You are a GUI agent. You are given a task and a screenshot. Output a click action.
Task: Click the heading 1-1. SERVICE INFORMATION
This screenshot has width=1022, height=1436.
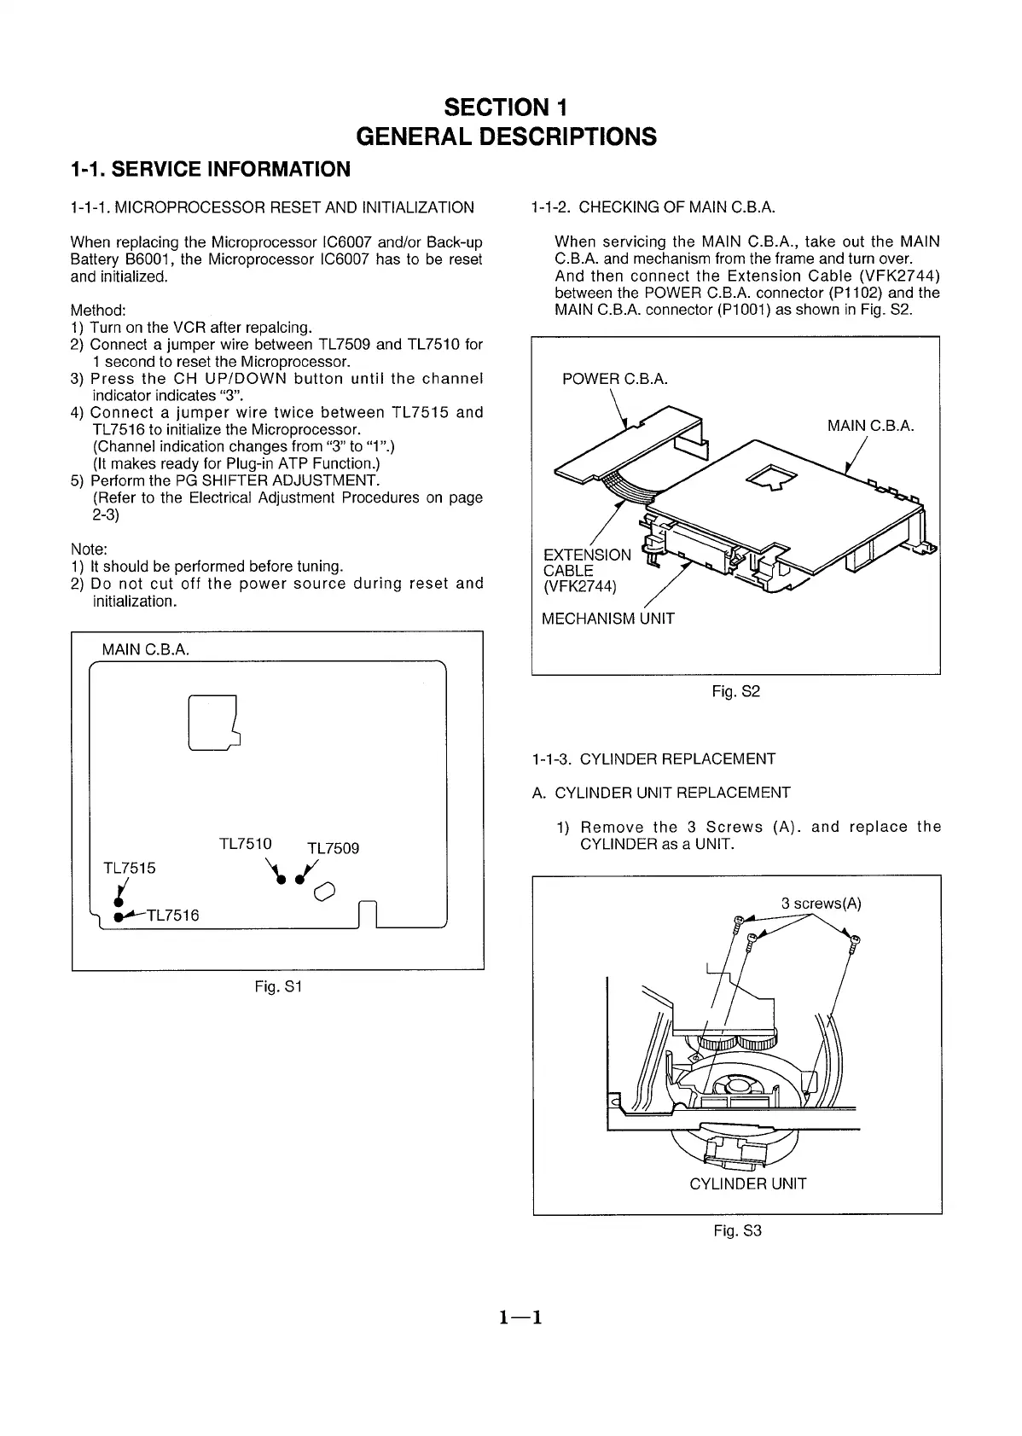[x=210, y=169]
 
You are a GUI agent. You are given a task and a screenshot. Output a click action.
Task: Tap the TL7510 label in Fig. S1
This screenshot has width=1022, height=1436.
[x=246, y=844]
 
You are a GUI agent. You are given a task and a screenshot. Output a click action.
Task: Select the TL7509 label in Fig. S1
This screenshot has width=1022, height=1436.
[x=333, y=848]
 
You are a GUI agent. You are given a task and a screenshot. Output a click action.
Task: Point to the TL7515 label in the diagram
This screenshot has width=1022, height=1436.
[x=129, y=868]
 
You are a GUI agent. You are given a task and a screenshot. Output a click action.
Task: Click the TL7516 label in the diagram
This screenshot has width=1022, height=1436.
[x=172, y=916]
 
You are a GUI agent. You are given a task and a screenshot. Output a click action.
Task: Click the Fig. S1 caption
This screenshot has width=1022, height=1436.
[x=279, y=986]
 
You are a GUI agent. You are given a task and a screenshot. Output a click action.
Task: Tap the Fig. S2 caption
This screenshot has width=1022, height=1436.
[x=735, y=691]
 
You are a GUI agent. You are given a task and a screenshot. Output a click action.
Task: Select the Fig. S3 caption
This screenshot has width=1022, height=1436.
[x=737, y=1230]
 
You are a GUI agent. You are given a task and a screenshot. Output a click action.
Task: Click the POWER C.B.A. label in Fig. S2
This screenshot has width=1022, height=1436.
[x=614, y=379]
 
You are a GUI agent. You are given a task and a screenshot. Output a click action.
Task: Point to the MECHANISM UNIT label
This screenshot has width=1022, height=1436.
[x=608, y=619]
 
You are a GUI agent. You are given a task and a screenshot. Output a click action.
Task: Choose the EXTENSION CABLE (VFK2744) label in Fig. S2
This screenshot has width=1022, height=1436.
[x=587, y=571]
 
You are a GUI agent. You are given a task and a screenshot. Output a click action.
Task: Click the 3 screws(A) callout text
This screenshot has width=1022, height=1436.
[x=821, y=904]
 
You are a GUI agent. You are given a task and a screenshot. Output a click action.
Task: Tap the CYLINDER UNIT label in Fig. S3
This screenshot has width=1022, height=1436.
[x=747, y=1183]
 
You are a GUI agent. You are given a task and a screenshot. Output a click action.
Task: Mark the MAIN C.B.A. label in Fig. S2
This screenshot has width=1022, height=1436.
[x=870, y=426]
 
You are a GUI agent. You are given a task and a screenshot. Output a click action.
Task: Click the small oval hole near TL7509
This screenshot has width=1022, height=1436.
[x=325, y=892]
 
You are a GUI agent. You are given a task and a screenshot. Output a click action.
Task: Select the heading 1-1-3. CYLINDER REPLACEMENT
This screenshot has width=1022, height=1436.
[x=653, y=759]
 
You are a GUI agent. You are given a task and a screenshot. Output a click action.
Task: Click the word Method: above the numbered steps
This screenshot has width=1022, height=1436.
[x=98, y=310]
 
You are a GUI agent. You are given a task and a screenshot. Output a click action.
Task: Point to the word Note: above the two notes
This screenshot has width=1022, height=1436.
[x=89, y=549]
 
